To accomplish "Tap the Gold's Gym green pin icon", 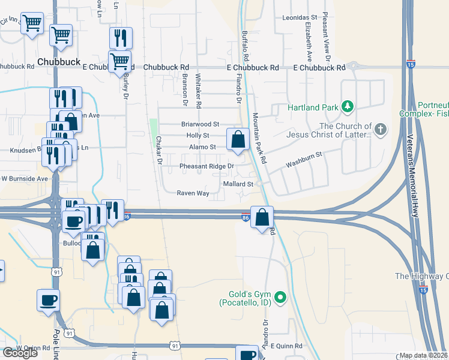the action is (x=279, y=296).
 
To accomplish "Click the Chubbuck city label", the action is (x=58, y=61).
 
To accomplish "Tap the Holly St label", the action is (x=197, y=136).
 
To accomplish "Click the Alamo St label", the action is (x=202, y=146).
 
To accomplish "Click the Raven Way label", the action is (x=193, y=193).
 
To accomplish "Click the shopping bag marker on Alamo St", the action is (x=238, y=139).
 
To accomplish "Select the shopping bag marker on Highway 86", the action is (x=262, y=217).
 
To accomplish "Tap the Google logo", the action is (x=20, y=353).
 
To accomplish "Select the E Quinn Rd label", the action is (x=286, y=346).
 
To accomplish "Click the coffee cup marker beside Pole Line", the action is (x=48, y=301).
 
